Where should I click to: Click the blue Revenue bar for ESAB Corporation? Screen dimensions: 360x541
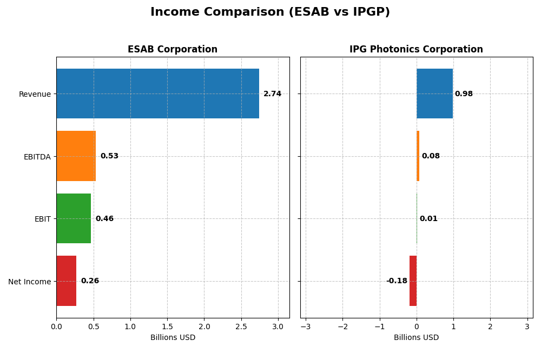(157, 94)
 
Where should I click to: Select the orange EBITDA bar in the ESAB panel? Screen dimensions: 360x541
(76, 156)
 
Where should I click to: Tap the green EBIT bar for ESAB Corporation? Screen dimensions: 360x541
(74, 218)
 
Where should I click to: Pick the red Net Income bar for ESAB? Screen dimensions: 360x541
(66, 281)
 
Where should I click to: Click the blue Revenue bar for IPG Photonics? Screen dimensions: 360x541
(434, 94)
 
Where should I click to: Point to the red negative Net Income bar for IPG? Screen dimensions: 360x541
(413, 281)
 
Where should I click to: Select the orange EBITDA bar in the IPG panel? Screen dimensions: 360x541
(418, 156)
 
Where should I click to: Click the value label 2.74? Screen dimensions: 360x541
(272, 94)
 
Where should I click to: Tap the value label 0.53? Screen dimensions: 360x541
(109, 156)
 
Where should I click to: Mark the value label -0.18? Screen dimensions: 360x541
(397, 281)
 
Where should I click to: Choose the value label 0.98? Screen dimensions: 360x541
(464, 94)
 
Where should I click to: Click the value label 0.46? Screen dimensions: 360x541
(104, 219)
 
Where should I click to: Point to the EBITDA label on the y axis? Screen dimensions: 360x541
(37, 157)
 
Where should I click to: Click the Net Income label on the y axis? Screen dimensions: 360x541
(29, 282)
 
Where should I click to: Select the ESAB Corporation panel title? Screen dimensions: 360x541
(173, 50)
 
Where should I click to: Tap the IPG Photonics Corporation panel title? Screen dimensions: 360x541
(416, 50)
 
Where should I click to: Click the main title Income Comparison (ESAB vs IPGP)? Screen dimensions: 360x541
(270, 12)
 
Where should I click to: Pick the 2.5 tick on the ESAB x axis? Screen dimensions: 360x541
(241, 327)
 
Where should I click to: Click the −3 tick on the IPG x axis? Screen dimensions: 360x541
(306, 327)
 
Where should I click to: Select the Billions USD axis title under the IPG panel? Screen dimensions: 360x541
(416, 338)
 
